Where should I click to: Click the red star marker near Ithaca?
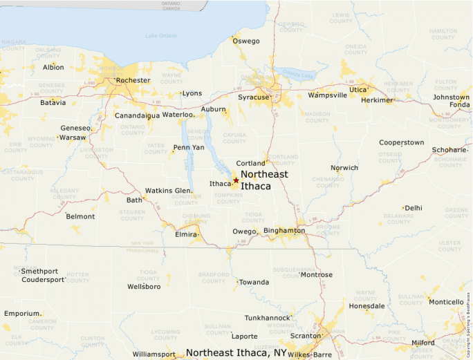point(236,180)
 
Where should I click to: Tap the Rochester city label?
point(133,80)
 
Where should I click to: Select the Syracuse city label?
point(253,97)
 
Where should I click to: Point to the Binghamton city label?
point(284,230)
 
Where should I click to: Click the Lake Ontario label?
point(161,36)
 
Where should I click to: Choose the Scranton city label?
point(305,336)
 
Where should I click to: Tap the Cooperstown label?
point(401,142)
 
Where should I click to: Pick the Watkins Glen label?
point(168,191)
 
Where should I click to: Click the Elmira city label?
point(185,234)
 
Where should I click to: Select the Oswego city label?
point(246,41)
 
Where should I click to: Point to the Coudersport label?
point(43,280)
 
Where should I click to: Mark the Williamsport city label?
point(154,354)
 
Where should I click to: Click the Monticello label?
point(446,302)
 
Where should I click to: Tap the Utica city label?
point(358,90)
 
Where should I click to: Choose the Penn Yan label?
point(189,147)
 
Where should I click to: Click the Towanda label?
point(253,282)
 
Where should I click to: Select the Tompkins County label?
point(228,199)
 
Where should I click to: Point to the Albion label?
point(53,67)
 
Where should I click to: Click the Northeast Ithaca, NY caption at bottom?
point(236,352)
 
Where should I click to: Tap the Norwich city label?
point(344,168)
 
